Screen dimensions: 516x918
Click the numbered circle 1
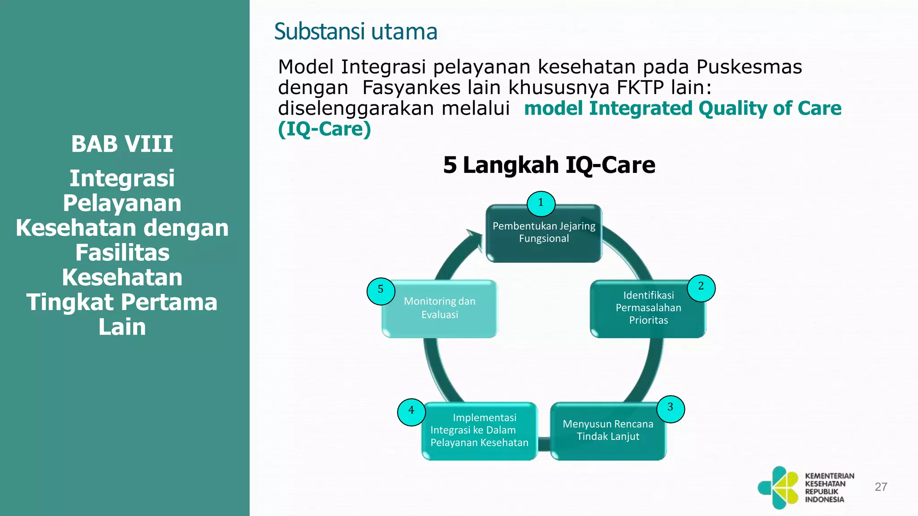[x=541, y=204]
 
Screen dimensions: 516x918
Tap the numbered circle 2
[x=701, y=288]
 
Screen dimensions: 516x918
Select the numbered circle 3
[x=671, y=408]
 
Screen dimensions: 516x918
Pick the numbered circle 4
[x=411, y=412]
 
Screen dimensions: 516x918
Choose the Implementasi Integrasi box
[x=479, y=431]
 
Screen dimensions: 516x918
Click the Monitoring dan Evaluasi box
[x=439, y=309]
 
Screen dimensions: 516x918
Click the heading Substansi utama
[x=355, y=32]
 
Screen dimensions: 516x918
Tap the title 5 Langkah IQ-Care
[x=549, y=165]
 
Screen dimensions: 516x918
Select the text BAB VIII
[x=122, y=144]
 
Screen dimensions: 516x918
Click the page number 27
[x=881, y=487]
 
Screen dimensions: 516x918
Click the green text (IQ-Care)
[x=325, y=129]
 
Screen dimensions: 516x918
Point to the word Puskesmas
[x=749, y=67]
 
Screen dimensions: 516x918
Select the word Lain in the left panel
[x=122, y=327]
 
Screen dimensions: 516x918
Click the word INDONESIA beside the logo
[x=824, y=499]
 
